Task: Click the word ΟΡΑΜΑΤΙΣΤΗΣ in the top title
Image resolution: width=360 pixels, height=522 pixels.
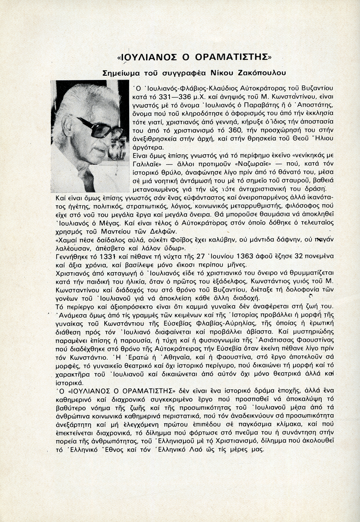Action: pos(235,57)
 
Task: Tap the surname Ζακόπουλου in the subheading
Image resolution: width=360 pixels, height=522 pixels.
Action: pos(263,72)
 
